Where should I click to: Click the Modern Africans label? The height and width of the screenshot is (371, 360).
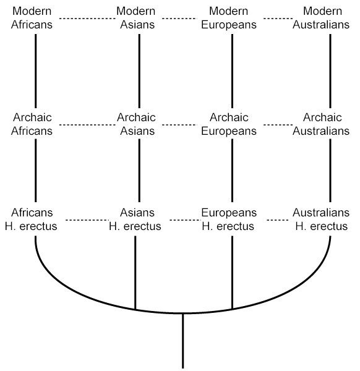click(32, 18)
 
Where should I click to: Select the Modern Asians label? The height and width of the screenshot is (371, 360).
click(136, 18)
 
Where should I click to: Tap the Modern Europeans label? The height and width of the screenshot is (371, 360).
click(229, 18)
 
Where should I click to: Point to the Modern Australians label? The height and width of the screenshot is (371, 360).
click(321, 18)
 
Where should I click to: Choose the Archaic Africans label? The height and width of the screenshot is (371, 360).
click(32, 124)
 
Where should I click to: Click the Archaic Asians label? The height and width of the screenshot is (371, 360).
click(137, 124)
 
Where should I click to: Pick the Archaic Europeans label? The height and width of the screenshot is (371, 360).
click(229, 124)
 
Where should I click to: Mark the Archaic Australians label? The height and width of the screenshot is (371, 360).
click(321, 124)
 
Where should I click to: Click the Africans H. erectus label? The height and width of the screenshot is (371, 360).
click(31, 220)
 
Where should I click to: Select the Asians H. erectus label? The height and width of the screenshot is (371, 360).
click(135, 220)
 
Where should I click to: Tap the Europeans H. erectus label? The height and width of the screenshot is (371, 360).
click(229, 220)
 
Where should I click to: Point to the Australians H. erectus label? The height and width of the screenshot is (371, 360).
click(321, 220)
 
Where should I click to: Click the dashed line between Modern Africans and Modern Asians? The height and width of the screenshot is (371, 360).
click(87, 18)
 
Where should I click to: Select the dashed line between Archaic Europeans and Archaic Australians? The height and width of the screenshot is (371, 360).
click(278, 125)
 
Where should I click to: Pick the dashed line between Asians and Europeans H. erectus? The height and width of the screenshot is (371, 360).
click(186, 220)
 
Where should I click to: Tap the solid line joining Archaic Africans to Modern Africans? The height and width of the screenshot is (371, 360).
click(36, 71)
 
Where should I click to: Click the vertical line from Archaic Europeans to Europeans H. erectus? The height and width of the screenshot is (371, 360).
click(232, 171)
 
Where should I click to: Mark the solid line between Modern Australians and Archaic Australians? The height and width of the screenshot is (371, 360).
click(330, 71)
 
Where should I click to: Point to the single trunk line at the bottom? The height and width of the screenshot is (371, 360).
click(183, 341)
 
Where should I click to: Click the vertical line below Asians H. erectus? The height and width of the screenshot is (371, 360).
click(135, 273)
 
